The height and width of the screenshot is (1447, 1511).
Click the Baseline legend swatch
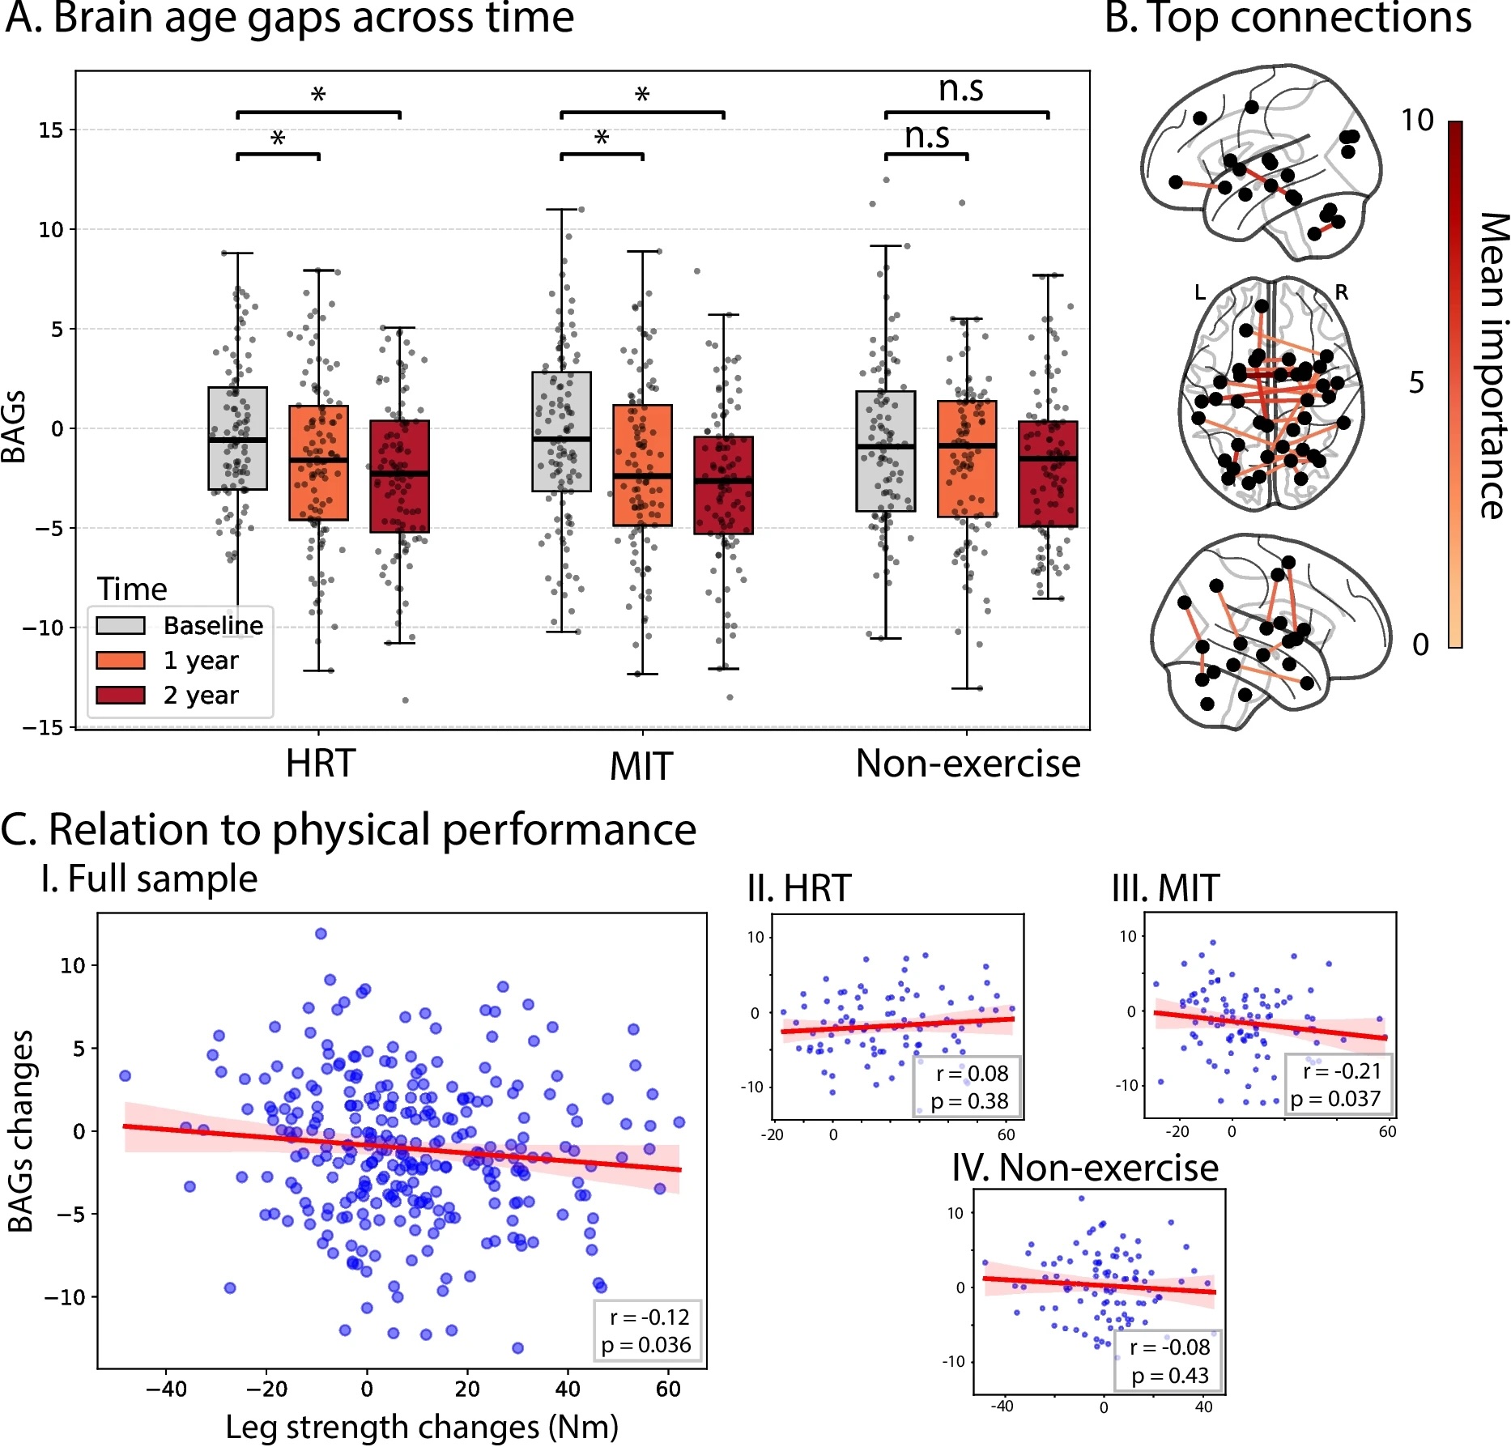[x=121, y=626]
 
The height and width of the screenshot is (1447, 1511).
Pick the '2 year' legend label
[x=201, y=696]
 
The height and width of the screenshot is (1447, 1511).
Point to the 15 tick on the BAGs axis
[x=50, y=130]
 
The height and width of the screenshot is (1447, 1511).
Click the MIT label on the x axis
[x=641, y=766]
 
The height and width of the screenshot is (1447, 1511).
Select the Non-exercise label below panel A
[x=968, y=764]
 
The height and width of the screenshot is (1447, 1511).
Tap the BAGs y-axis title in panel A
[x=15, y=427]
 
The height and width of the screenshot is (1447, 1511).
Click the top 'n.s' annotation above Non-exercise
[x=960, y=88]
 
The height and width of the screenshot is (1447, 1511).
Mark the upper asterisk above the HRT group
[x=318, y=96]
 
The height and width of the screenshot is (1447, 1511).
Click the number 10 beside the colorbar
[x=1417, y=121]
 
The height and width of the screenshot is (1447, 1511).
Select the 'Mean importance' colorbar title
[x=1492, y=365]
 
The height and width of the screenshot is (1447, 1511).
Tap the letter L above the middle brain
[x=1200, y=292]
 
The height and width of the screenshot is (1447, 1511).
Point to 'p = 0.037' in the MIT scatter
[x=1335, y=1099]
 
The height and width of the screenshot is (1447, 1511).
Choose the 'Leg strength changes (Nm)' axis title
[x=421, y=1428]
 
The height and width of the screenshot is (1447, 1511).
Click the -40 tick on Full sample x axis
[x=166, y=1390]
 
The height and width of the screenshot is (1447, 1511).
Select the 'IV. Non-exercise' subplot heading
[x=1084, y=1168]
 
